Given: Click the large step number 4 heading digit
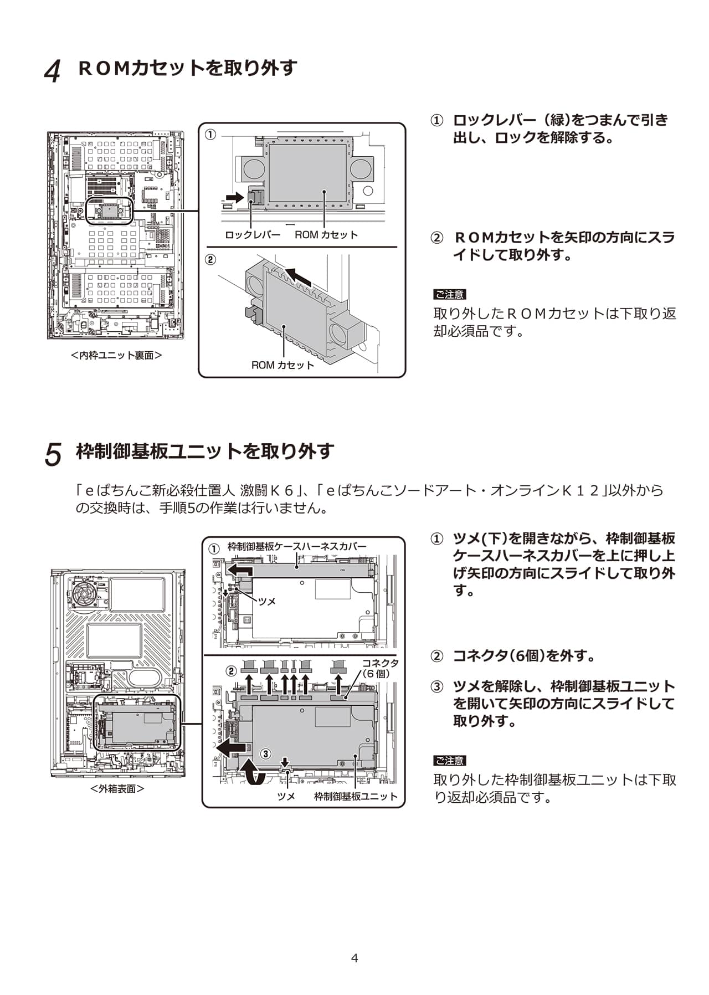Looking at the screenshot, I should click(53, 71).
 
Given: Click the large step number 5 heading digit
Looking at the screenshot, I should click(53, 454).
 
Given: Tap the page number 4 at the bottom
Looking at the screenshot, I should click(354, 958).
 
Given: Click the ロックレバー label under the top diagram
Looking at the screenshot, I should click(253, 235).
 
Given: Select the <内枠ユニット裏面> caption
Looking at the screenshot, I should click(116, 355).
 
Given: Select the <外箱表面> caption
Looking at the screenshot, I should click(117, 788).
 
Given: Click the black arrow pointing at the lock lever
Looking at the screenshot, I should click(235, 197).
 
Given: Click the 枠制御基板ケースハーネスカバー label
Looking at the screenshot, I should click(297, 547).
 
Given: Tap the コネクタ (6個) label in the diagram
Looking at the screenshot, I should click(380, 668).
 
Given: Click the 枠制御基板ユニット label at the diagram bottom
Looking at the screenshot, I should click(356, 796).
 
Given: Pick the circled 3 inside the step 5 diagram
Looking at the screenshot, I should click(266, 753).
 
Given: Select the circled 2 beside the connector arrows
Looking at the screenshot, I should click(231, 671).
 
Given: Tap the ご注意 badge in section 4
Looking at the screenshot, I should click(449, 294).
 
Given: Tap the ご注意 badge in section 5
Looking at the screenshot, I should click(449, 761).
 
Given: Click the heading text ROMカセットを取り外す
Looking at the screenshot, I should click(188, 68).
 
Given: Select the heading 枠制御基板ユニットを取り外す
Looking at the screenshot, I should click(205, 452).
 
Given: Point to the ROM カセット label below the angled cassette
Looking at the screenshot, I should click(282, 365).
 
